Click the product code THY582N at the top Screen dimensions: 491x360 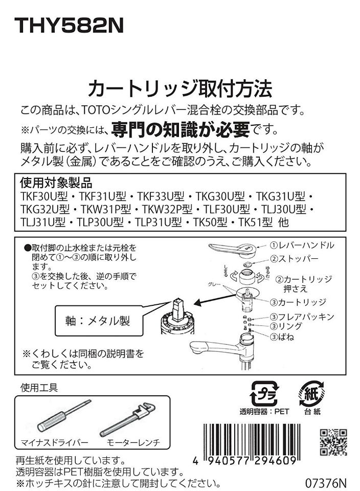click(x=69, y=27)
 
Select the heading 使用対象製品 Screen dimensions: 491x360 click(x=56, y=183)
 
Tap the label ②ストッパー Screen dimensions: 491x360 click(x=295, y=259)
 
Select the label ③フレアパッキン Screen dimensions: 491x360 click(x=302, y=317)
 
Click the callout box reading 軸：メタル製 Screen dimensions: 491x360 click(x=98, y=321)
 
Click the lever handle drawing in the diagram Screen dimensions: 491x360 click(x=235, y=249)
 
